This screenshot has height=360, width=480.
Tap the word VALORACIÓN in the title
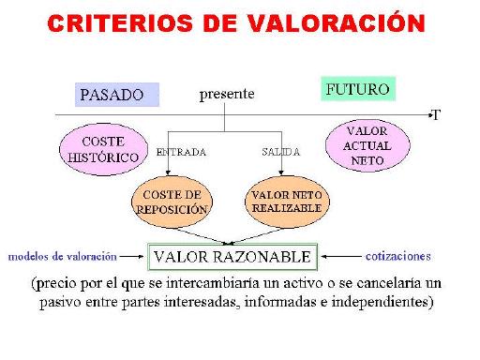(x=351, y=22)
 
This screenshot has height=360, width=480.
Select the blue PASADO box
(x=117, y=95)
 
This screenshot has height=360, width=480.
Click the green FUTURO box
(x=356, y=90)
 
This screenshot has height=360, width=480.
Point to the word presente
(x=226, y=95)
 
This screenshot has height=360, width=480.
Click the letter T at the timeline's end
(x=436, y=115)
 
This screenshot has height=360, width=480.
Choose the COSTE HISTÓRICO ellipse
(x=103, y=149)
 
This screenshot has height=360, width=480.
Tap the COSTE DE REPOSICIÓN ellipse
(x=172, y=202)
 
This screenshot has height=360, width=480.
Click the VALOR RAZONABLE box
(x=232, y=256)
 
